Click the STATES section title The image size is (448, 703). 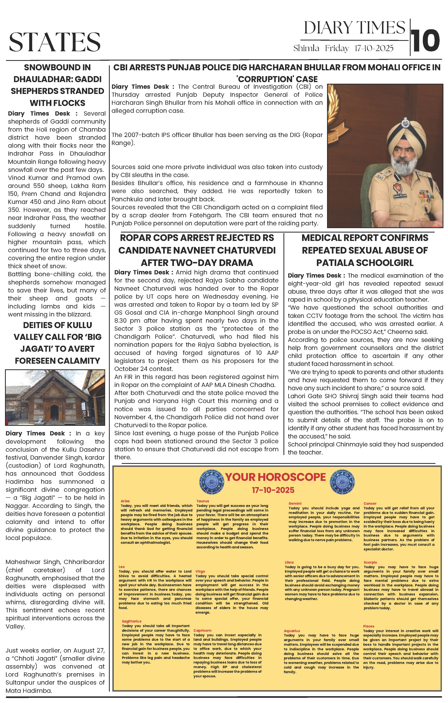tap(55, 42)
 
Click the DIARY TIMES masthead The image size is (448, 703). tap(354, 28)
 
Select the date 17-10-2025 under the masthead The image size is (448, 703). tap(374, 48)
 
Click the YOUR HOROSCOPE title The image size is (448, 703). tap(275, 477)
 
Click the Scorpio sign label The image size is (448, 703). tap(370, 562)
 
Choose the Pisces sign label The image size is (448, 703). tap(369, 626)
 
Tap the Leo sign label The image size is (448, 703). tap(122, 567)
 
